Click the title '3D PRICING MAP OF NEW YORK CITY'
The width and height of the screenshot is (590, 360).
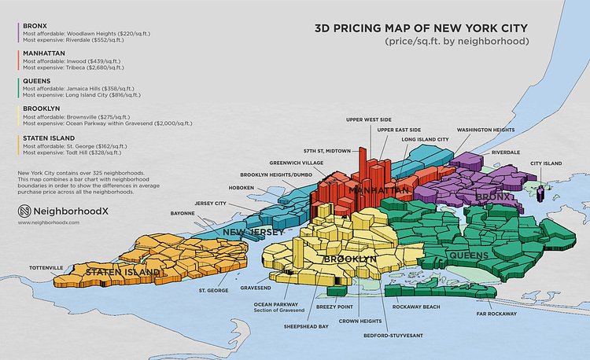(421, 28)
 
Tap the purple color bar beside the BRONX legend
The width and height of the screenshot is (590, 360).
(17, 31)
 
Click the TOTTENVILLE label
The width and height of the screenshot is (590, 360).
(46, 268)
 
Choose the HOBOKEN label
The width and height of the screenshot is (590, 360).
(240, 188)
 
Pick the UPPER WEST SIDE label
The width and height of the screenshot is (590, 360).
(368, 119)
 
